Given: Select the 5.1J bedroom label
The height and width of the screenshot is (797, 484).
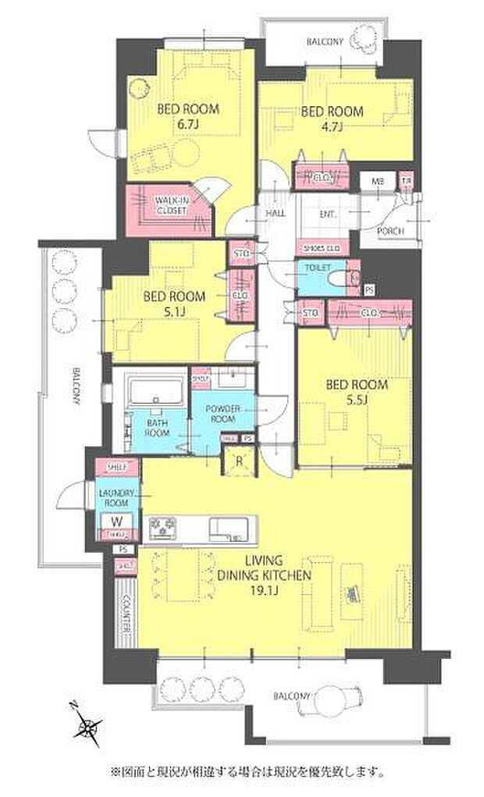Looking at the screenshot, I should pyautogui.click(x=173, y=304).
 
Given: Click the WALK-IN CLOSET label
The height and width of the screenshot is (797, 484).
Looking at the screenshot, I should pyautogui.click(x=170, y=205).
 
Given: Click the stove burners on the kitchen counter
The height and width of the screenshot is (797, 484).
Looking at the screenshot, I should pyautogui.click(x=165, y=528).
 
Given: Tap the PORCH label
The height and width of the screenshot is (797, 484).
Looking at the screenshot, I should pyautogui.click(x=390, y=232).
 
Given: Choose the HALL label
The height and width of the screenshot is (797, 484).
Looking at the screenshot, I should pyautogui.click(x=276, y=212).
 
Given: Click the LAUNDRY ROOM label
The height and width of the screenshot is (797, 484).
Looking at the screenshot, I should pyautogui.click(x=117, y=497).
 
